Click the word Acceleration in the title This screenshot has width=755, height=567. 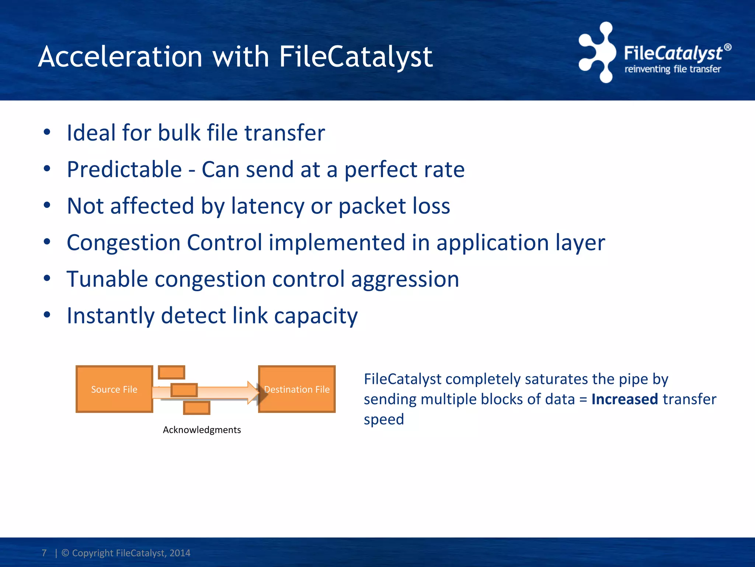point(120,57)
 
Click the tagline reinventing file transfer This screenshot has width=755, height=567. point(672,69)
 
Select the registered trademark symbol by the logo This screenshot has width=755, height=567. point(727,47)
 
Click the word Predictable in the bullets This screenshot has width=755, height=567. point(124,170)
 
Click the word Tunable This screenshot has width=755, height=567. point(107,279)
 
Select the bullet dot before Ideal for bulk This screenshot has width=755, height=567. point(47,133)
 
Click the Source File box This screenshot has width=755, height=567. point(114,389)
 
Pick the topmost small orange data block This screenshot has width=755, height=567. point(171,372)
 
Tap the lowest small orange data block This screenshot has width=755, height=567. point(196,408)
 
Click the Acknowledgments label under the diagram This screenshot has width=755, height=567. point(202,430)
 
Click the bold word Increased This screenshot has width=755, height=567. point(624,399)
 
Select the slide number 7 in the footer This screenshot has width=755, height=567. point(44,553)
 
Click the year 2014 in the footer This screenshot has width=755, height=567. point(180,553)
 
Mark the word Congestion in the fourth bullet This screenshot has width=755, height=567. point(123,243)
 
